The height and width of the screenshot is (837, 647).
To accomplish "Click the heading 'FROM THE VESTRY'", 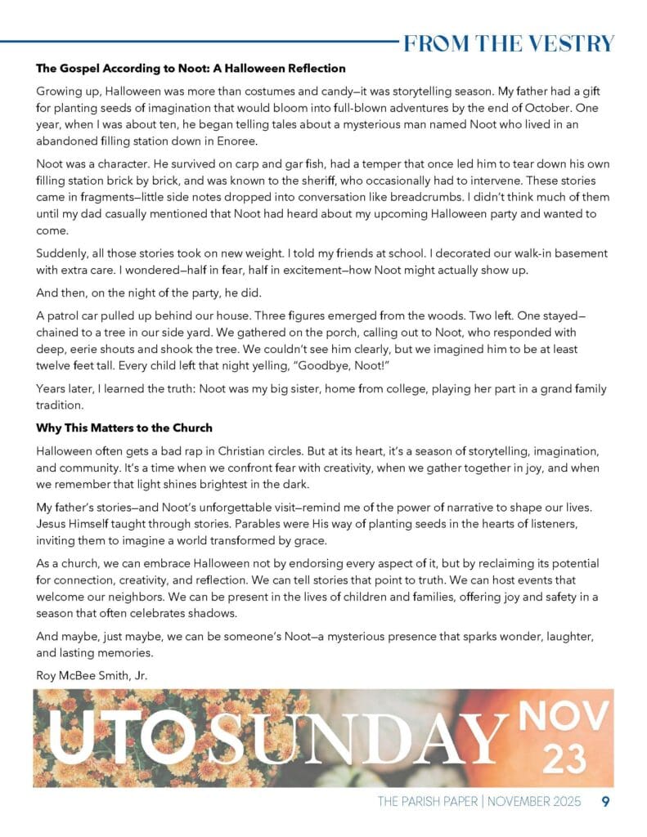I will point(508,43).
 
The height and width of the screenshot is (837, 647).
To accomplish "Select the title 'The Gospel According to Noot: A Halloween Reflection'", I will point(191,69).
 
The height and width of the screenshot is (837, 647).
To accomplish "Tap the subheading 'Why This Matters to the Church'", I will point(124,427).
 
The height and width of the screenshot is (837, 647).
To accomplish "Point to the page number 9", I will point(605,802).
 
